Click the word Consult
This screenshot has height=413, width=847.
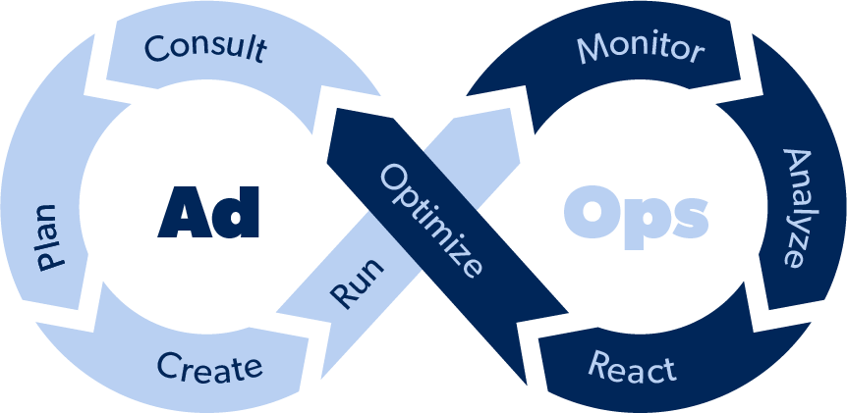click(205, 49)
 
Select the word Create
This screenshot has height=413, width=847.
click(209, 367)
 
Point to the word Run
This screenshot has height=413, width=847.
click(357, 284)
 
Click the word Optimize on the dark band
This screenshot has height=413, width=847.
click(430, 221)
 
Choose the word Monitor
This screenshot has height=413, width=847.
click(641, 48)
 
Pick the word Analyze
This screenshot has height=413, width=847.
click(798, 208)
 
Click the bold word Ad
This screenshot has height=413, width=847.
click(208, 213)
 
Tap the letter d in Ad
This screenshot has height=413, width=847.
click(235, 213)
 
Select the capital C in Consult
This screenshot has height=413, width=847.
click(158, 47)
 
